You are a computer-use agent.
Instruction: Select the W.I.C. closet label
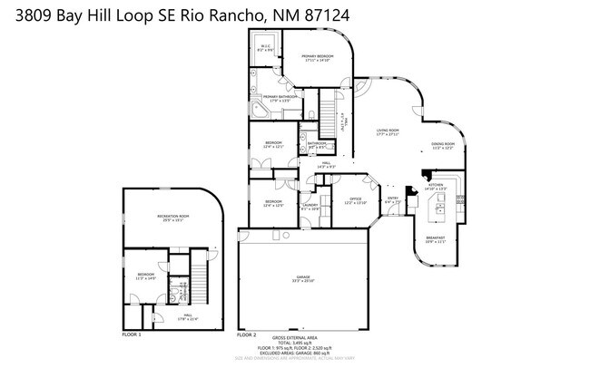click(x=267, y=49)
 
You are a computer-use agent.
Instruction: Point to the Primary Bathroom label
click(x=281, y=97)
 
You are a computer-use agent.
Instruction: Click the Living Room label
click(x=388, y=132)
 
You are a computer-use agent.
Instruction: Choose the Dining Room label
click(x=443, y=146)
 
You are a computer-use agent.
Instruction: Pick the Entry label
click(x=393, y=200)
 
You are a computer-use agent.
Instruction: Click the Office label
click(x=355, y=200)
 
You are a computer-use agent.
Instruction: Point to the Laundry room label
click(x=310, y=207)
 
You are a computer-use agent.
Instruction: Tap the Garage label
click(x=302, y=279)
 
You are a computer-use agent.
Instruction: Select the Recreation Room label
click(x=172, y=217)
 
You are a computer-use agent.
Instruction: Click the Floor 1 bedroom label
click(x=146, y=276)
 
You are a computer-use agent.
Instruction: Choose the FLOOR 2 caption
click(x=248, y=335)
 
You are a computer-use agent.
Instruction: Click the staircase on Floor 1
click(x=182, y=292)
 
